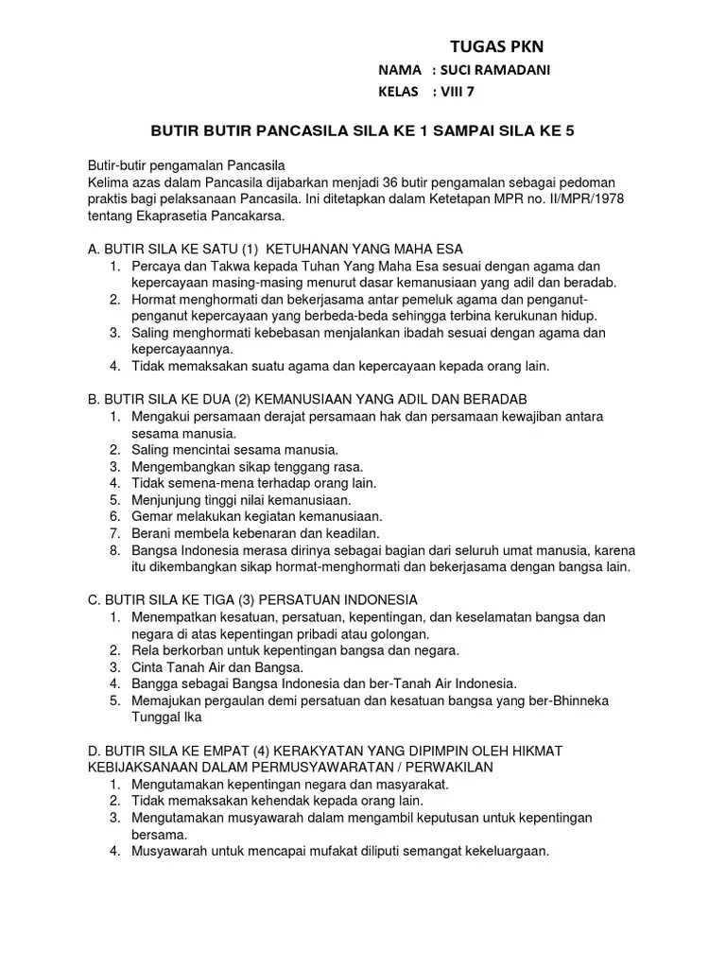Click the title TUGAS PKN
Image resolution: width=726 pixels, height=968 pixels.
tap(496, 47)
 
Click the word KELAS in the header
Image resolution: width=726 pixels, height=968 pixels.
tap(397, 92)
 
